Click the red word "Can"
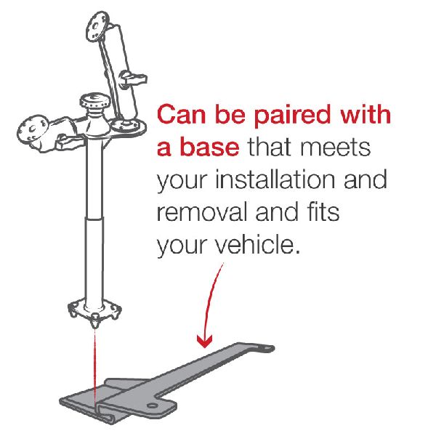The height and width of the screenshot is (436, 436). point(181,114)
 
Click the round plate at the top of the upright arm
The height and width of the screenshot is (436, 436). point(97,26)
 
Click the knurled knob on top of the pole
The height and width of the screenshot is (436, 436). point(94,102)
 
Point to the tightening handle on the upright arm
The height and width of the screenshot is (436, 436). point(134,78)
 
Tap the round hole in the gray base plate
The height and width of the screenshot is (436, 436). point(152,405)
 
